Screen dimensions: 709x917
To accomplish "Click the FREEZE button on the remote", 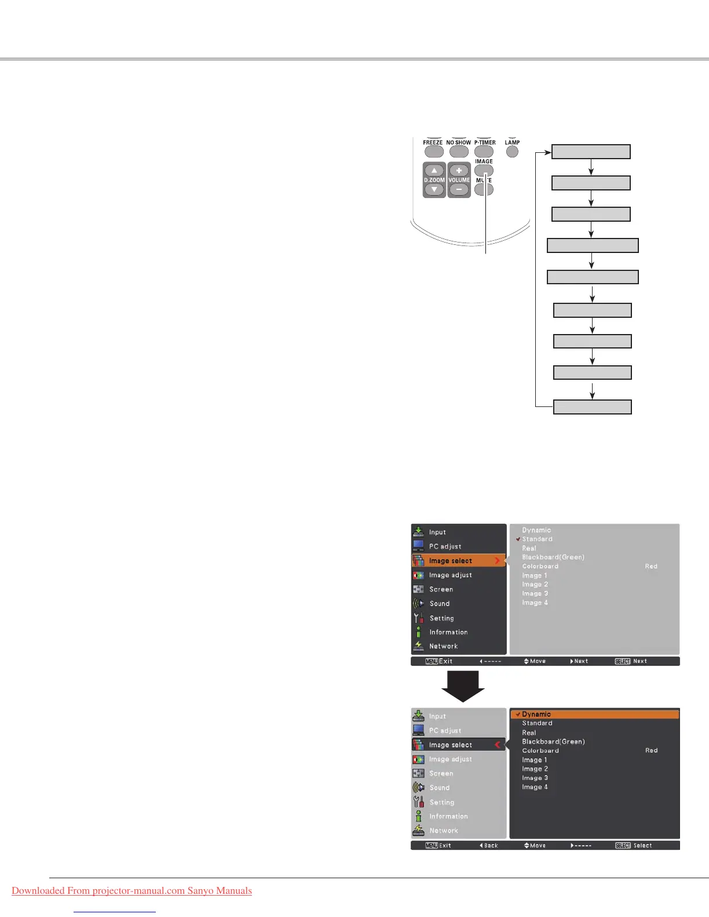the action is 434,152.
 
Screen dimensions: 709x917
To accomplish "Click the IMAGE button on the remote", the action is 484,171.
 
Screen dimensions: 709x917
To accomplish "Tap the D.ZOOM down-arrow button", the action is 434,190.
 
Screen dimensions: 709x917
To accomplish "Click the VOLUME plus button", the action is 459,171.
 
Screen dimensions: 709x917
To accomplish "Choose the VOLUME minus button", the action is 459,190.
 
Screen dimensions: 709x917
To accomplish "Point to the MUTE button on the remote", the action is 484,189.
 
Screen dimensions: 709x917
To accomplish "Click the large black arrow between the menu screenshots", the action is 463,686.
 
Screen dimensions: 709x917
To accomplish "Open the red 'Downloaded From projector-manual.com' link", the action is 131,890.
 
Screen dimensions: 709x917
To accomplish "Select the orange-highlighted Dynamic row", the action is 594,714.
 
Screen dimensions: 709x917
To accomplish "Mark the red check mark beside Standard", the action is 518,539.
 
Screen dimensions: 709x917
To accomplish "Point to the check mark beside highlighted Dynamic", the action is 518,714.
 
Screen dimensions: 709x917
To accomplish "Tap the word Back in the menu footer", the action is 491,846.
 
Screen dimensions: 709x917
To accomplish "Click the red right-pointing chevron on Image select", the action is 497,561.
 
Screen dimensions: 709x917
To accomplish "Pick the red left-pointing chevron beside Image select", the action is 497,745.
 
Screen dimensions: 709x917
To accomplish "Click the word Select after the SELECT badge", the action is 642,846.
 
